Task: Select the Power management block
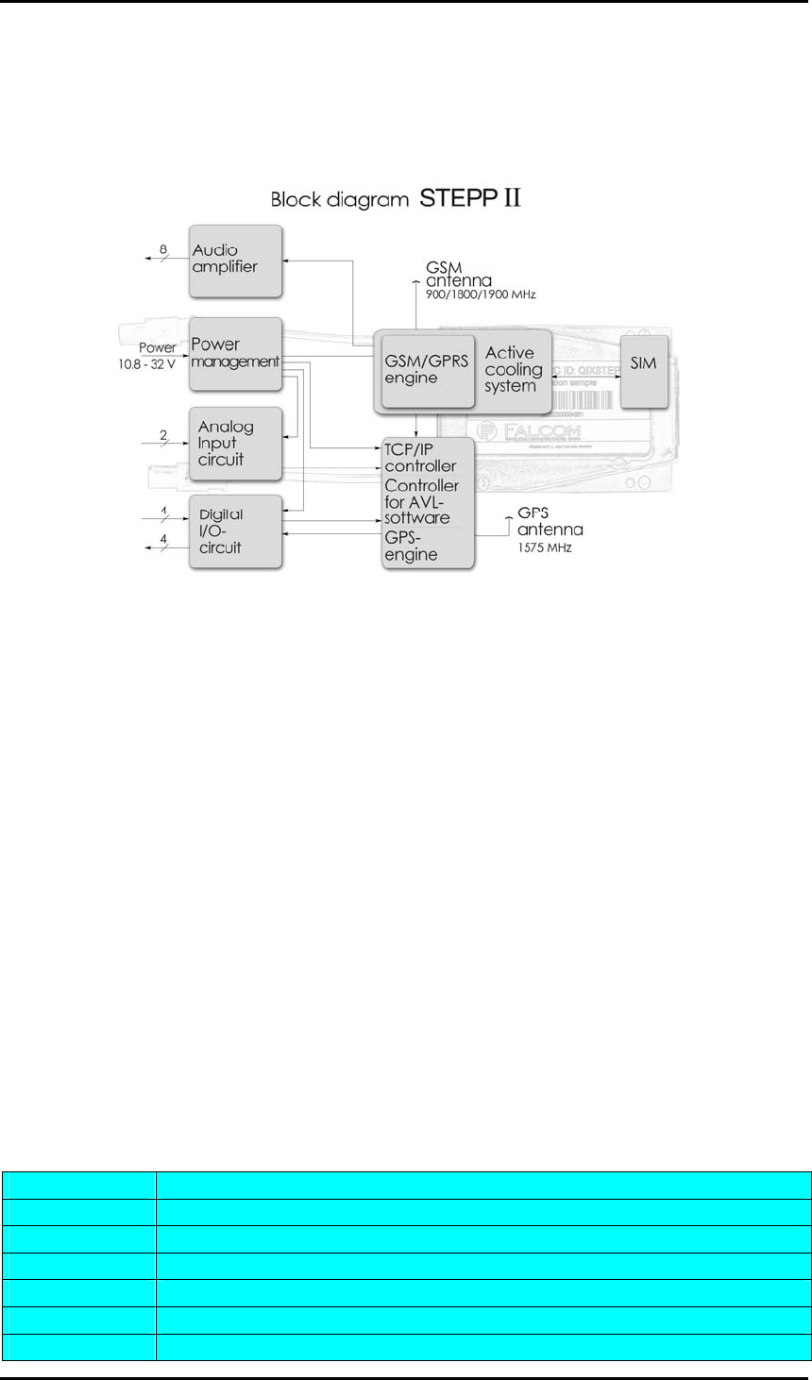[236, 353]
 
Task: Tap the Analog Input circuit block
[236, 442]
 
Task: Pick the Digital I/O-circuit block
[236, 531]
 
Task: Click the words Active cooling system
[513, 369]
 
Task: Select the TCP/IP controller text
[420, 457]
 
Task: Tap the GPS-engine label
[411, 546]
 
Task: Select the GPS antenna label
[548, 522]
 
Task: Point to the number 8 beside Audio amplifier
[162, 248]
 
